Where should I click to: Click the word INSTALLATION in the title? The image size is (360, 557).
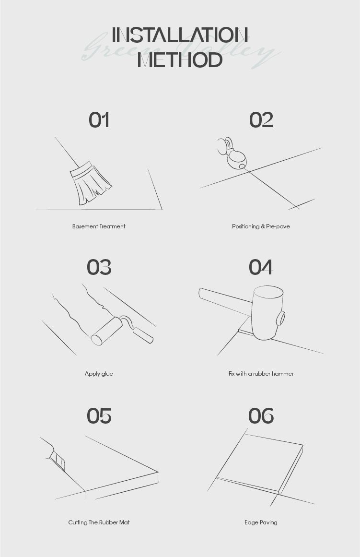(180, 35)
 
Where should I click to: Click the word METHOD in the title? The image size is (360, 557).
(180, 59)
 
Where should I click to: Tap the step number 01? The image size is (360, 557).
(99, 120)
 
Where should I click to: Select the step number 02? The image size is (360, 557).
(261, 120)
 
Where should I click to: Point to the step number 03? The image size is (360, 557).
(99, 268)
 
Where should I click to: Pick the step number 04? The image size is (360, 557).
(261, 268)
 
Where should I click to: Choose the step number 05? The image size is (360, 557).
(99, 416)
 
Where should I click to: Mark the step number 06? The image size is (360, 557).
(261, 416)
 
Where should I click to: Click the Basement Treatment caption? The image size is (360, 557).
(99, 226)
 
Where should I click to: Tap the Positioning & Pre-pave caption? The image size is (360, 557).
(261, 226)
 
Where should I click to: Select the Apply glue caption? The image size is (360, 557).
(99, 374)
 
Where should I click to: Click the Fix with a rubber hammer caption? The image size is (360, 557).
(261, 374)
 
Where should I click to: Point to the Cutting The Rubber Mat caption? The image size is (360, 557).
(99, 522)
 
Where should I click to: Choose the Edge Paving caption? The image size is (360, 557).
(261, 522)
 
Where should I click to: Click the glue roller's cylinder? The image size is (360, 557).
(106, 331)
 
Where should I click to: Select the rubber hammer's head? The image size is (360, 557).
(267, 313)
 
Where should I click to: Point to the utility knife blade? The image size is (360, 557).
(58, 461)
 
